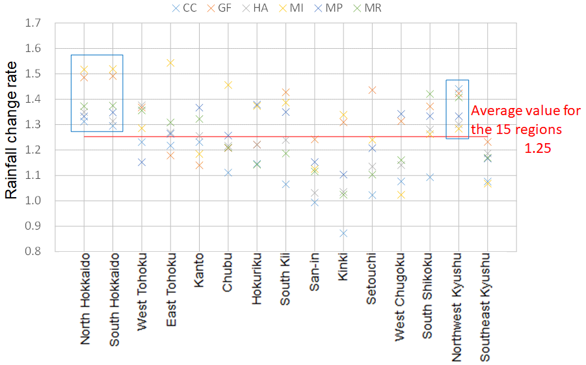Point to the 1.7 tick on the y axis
tap(33, 23)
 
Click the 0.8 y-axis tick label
tap(33, 251)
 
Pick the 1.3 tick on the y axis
tap(33, 124)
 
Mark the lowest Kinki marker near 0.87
tap(343, 234)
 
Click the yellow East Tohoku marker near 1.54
tap(171, 63)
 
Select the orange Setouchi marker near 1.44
tap(372, 90)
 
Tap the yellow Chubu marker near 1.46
tap(228, 85)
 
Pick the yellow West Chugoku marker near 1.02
tap(401, 195)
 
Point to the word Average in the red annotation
tap(494, 111)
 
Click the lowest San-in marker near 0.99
tap(314, 202)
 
